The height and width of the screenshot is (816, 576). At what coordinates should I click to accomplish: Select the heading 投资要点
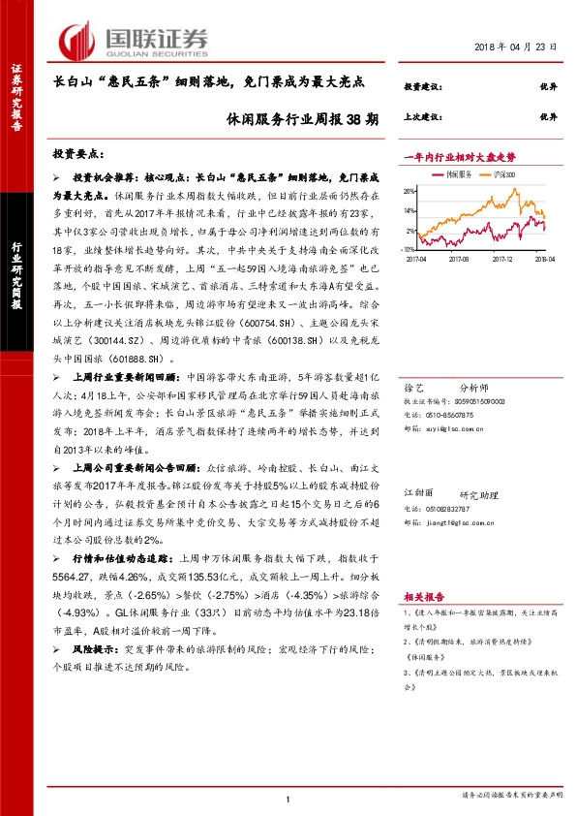pyautogui.click(x=77, y=154)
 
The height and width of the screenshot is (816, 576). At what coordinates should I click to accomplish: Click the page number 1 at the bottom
pyautogui.click(x=288, y=798)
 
